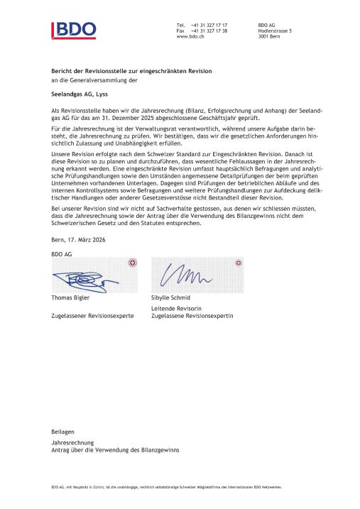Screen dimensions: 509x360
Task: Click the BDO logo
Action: tap(73, 30)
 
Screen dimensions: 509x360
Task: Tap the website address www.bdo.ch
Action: tap(191, 36)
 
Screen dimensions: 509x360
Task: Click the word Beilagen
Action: tap(62, 431)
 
